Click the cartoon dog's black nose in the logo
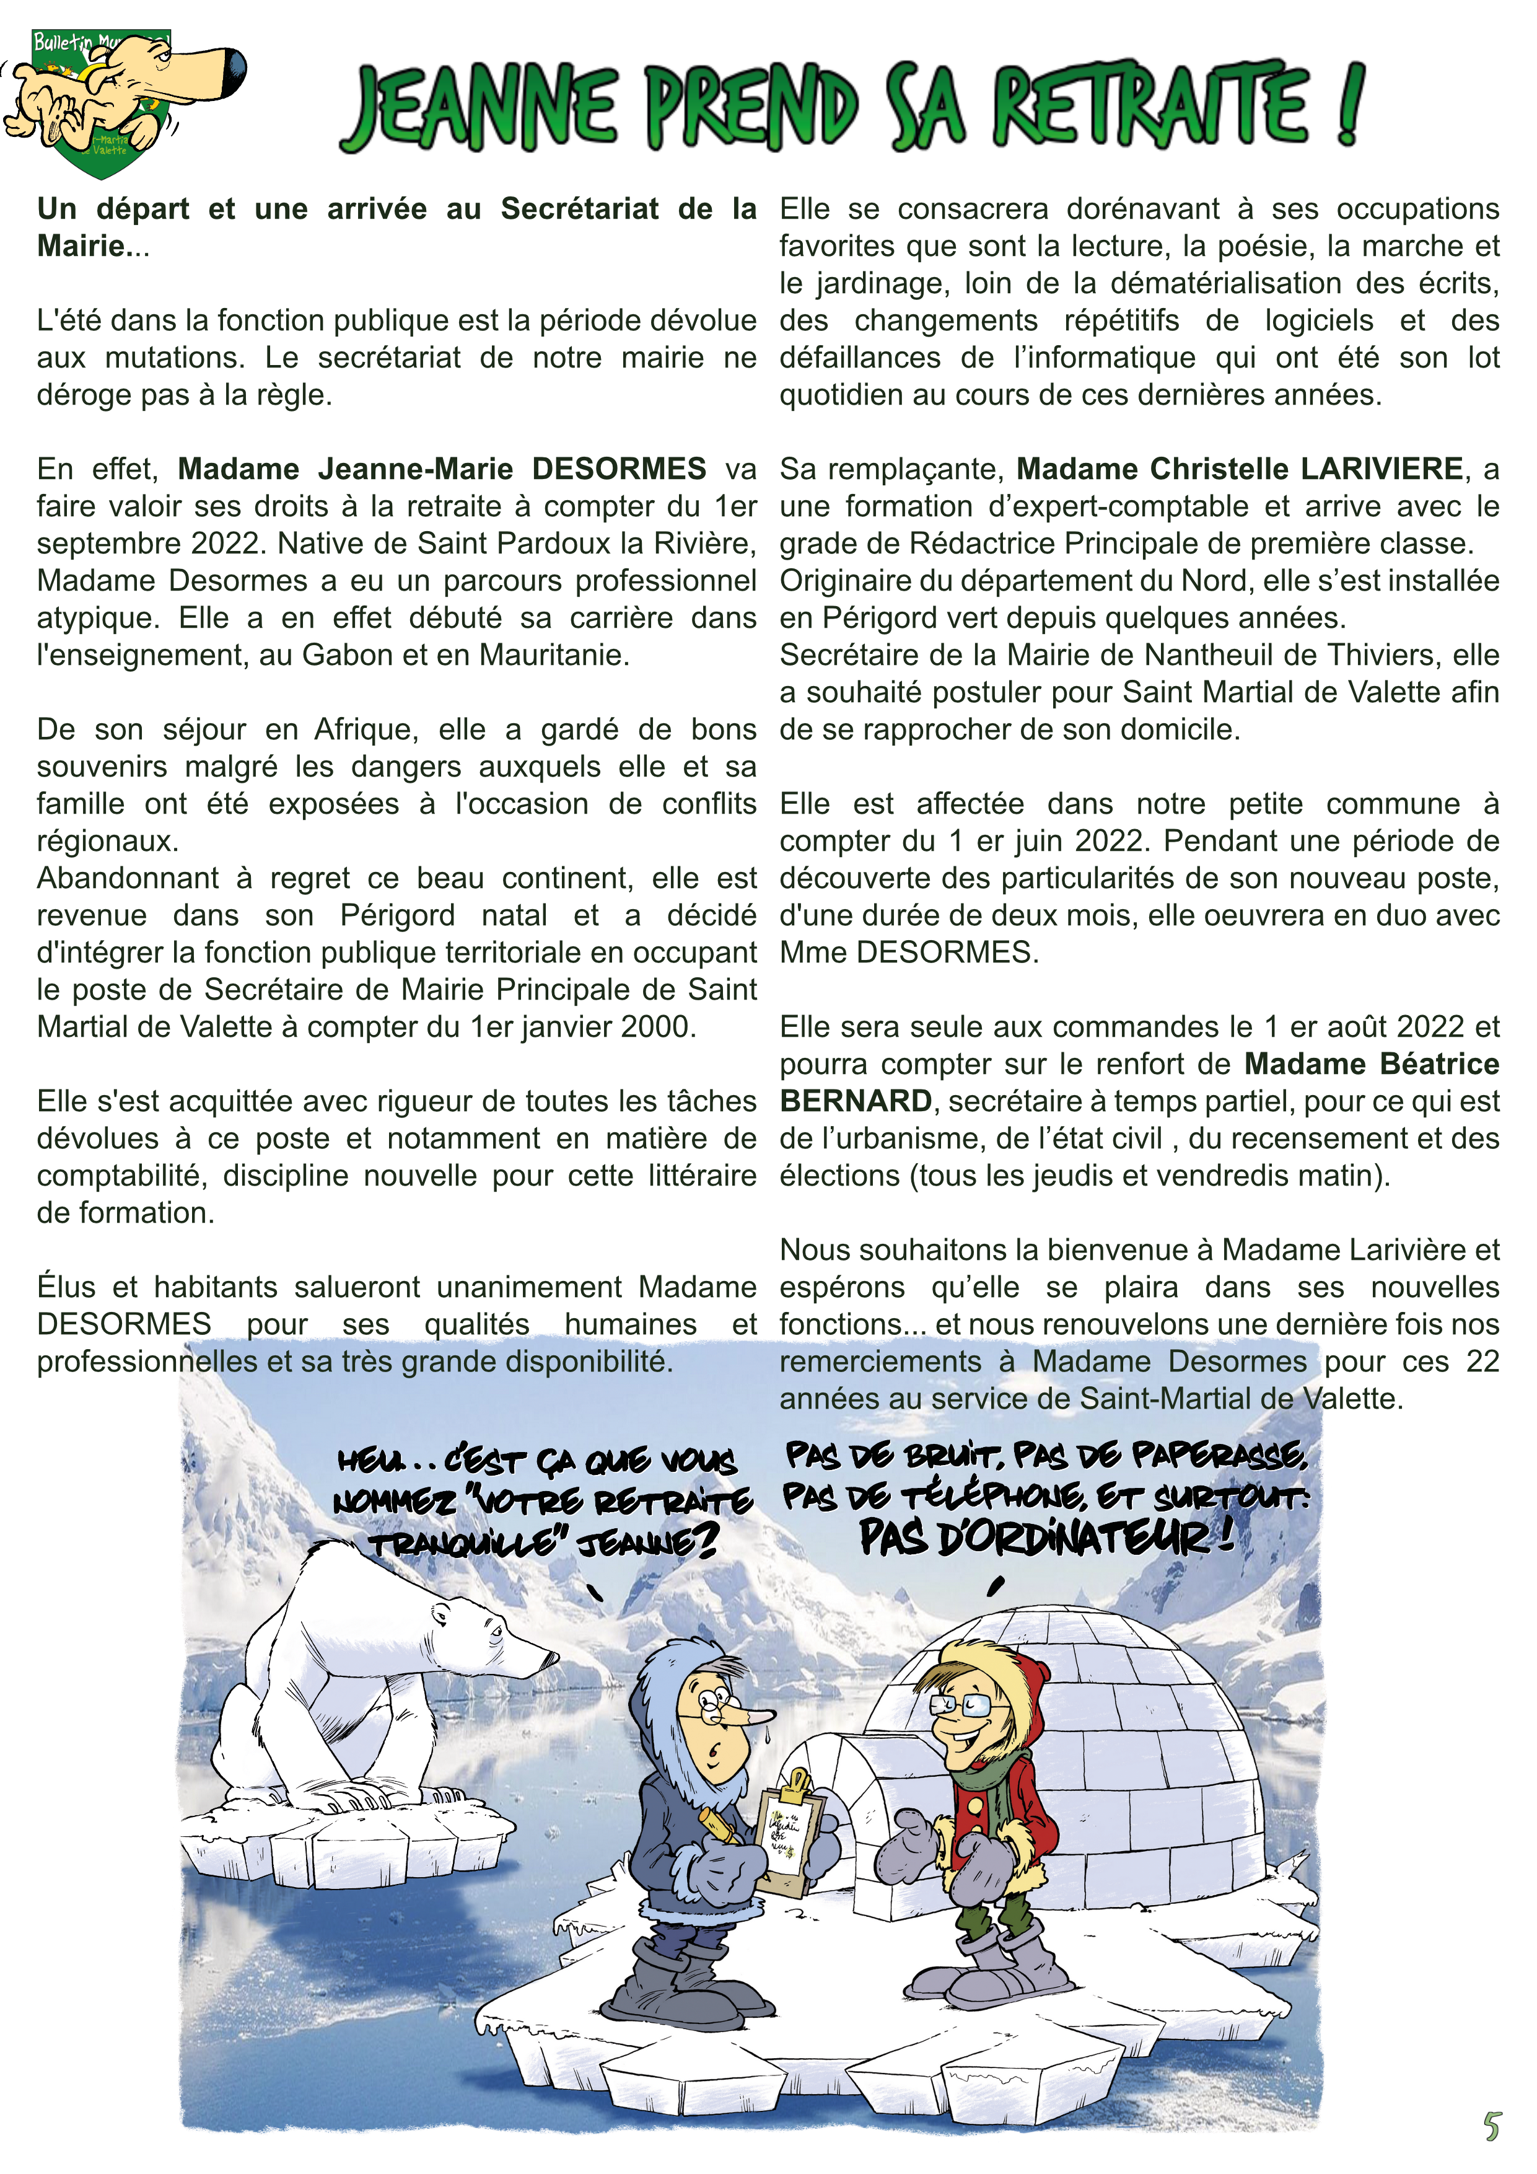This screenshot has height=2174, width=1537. tap(234, 69)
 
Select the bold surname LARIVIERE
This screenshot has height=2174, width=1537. tap(1382, 469)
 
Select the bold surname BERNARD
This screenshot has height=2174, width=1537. tap(856, 1101)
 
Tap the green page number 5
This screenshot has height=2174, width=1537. tap(1492, 2126)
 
